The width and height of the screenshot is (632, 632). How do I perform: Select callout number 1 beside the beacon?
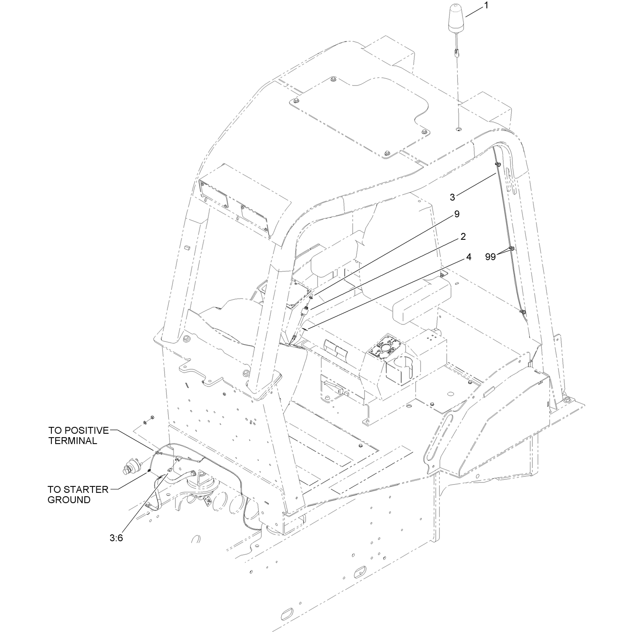(x=486, y=6)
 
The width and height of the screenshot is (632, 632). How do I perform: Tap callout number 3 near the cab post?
(x=453, y=197)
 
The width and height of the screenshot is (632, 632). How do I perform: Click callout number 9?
(x=457, y=214)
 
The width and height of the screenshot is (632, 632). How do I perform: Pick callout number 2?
(x=463, y=236)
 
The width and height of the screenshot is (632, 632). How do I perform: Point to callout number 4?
(x=468, y=257)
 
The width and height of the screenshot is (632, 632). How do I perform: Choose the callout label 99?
(x=490, y=257)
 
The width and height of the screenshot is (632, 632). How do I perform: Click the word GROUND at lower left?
(x=69, y=500)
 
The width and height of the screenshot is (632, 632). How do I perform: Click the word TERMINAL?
(x=73, y=441)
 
